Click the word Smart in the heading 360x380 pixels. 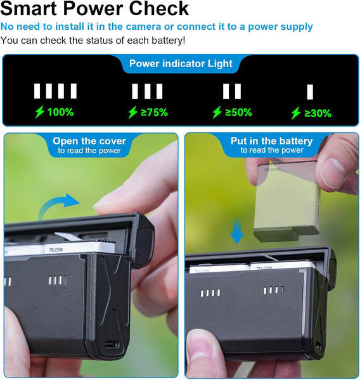pyautogui.click(x=29, y=8)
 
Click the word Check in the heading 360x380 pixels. pyautogui.click(x=158, y=8)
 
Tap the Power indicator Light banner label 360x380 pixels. pyautogui.click(x=181, y=63)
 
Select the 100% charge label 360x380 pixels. pyautogui.click(x=60, y=112)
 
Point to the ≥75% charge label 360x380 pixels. pyautogui.click(x=154, y=112)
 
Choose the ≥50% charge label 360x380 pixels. pyautogui.click(x=238, y=112)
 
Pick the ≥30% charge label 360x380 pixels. pyautogui.click(x=318, y=113)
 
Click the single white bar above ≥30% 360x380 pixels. pyautogui.click(x=310, y=92)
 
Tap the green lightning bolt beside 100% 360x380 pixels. pyautogui.click(x=40, y=111)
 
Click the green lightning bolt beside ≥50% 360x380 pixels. pyautogui.click(x=217, y=112)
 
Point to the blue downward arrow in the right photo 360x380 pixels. pyautogui.click(x=236, y=231)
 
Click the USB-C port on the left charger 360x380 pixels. pyautogui.click(x=112, y=345)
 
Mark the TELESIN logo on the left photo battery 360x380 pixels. pyautogui.click(x=56, y=250)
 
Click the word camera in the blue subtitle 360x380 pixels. pyautogui.click(x=144, y=27)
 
